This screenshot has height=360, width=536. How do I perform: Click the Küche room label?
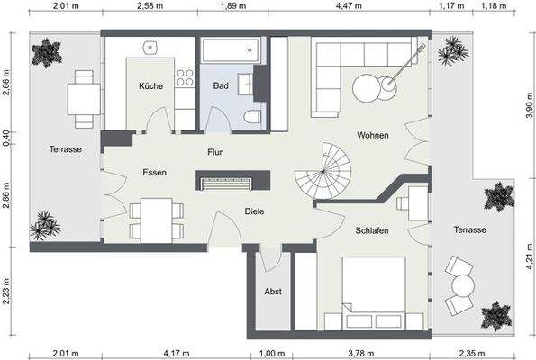pos(150,86)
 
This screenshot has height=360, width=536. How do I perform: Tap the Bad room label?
pos(220,86)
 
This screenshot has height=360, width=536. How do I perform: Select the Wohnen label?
pos(372,136)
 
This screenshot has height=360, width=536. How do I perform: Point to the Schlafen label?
pos(371,231)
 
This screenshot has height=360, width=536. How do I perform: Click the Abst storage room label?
pos(273,292)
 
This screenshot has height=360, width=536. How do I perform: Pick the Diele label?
pos(255,211)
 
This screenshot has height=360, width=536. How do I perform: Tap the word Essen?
pos(154,171)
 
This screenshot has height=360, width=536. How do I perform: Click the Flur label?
pos(214,152)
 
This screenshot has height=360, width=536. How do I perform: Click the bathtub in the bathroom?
pos(230,50)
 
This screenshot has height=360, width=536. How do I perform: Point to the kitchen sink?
pos(150,48)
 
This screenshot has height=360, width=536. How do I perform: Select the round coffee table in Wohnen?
pos(369,88)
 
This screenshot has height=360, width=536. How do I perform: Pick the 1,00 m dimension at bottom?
pos(271,354)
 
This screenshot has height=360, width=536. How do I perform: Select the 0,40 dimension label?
pos(6,136)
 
